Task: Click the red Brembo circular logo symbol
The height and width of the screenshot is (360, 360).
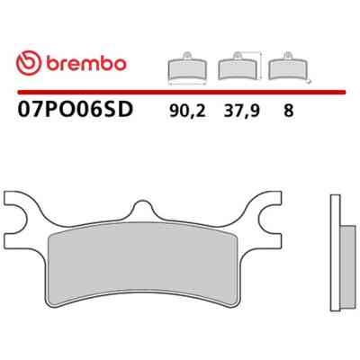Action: coord(29,63)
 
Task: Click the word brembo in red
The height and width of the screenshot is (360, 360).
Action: coord(86,63)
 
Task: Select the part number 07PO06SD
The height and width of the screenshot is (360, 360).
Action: coord(76,110)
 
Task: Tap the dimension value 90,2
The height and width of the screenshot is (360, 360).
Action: coord(187,112)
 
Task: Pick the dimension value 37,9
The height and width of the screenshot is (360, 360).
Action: coord(241,112)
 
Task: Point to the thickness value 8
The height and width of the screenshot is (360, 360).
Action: coord(288,111)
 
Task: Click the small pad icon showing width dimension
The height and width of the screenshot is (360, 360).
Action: coord(187,67)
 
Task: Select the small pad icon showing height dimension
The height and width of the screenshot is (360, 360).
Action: coord(238,66)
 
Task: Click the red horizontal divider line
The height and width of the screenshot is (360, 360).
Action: coord(182,92)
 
